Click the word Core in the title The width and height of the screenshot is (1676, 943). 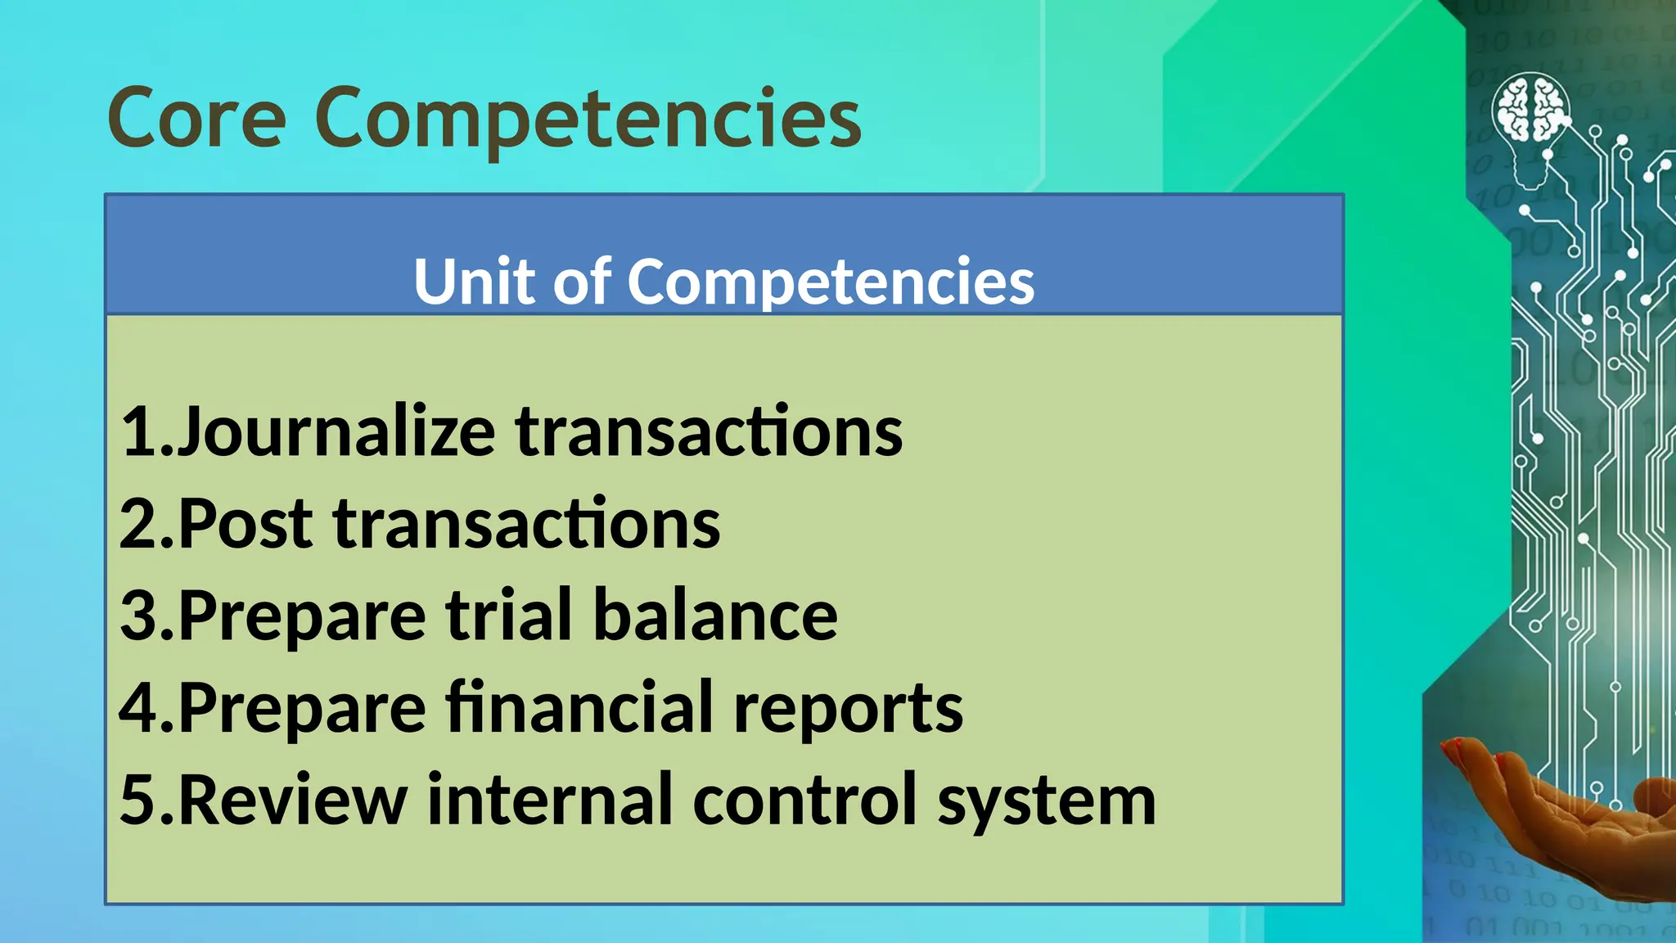click(196, 119)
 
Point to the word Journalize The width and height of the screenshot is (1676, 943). click(336, 432)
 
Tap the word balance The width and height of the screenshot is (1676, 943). click(715, 616)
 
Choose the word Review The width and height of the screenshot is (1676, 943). click(293, 799)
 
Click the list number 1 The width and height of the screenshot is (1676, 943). click(140, 432)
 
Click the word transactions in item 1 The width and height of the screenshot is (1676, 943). click(709, 432)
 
